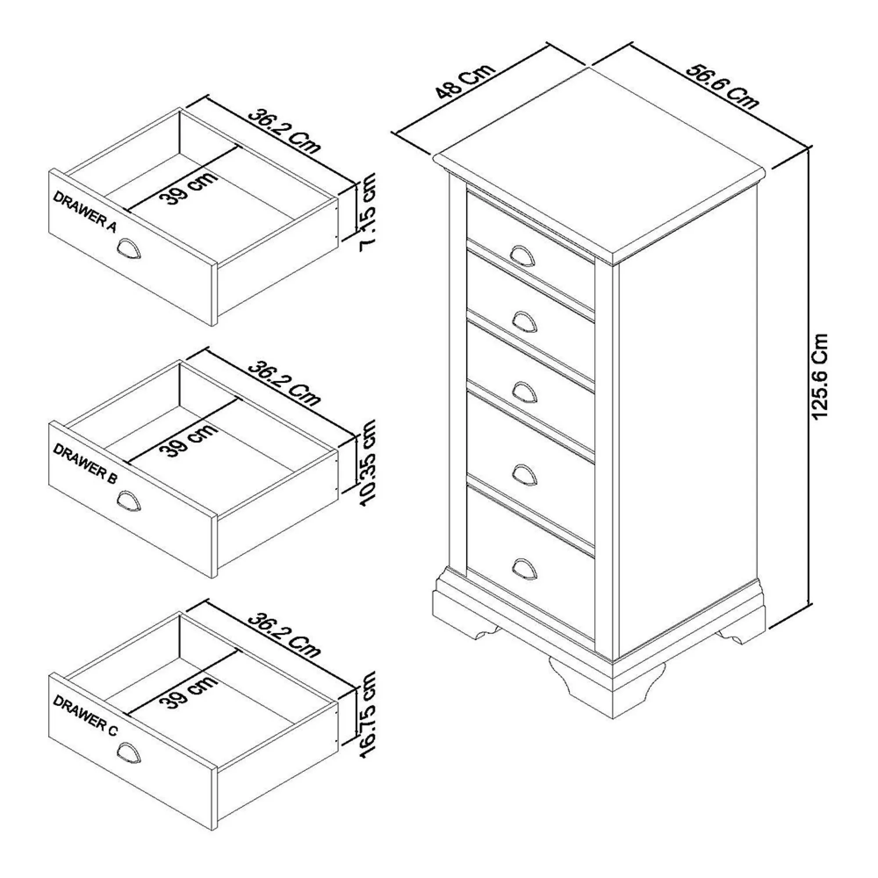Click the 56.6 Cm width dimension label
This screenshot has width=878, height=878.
tap(722, 87)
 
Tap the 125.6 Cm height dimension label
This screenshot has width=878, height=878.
tap(821, 377)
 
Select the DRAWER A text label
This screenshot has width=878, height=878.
tap(85, 212)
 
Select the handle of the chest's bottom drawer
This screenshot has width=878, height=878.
tap(525, 569)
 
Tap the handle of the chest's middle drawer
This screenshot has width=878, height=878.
tap(525, 391)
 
